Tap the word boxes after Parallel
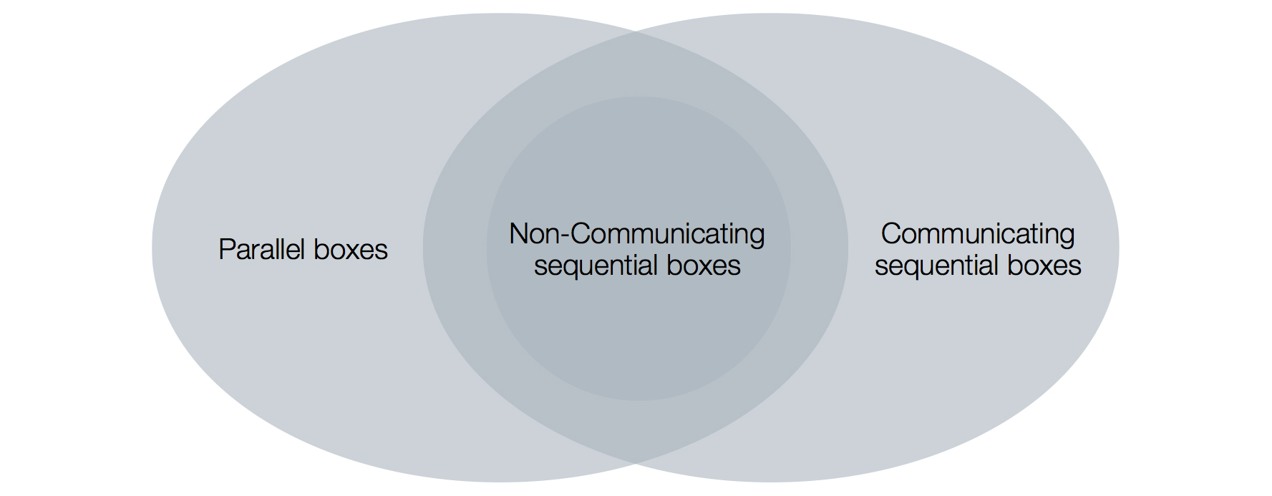(351, 249)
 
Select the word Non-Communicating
(636, 234)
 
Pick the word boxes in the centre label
(704, 266)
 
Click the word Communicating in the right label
(977, 234)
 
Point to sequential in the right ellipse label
(937, 266)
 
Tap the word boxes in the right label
(1044, 266)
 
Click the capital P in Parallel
(225, 249)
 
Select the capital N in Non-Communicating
(518, 234)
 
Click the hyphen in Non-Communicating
(565, 237)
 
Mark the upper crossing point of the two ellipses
(636, 32)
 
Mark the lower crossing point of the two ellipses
(636, 464)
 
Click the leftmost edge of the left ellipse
(152, 248)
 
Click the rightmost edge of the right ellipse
(1119, 248)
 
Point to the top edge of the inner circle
(639, 97)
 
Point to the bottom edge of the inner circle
(639, 400)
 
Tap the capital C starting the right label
(891, 234)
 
